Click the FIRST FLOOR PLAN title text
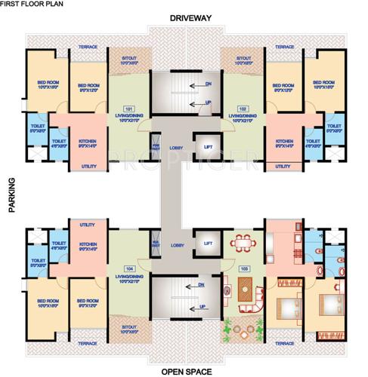[31, 4]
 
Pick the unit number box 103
[243, 268]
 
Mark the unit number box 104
[128, 268]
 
